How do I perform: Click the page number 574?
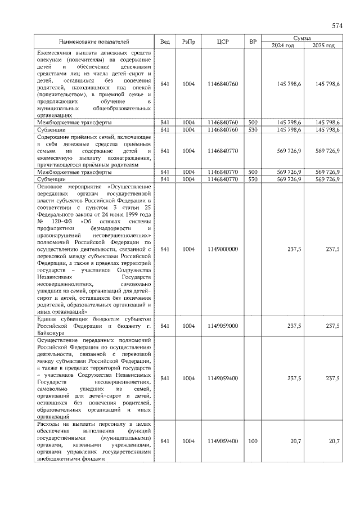pos(337,26)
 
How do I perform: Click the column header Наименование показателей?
pos(94,42)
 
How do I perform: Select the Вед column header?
pos(165,42)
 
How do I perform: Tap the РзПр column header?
pos(188,42)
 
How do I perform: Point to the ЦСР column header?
pos(222,42)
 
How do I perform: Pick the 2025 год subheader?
pos(323,46)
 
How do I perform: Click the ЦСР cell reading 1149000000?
pos(222,249)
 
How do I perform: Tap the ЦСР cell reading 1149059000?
pos(222,326)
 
